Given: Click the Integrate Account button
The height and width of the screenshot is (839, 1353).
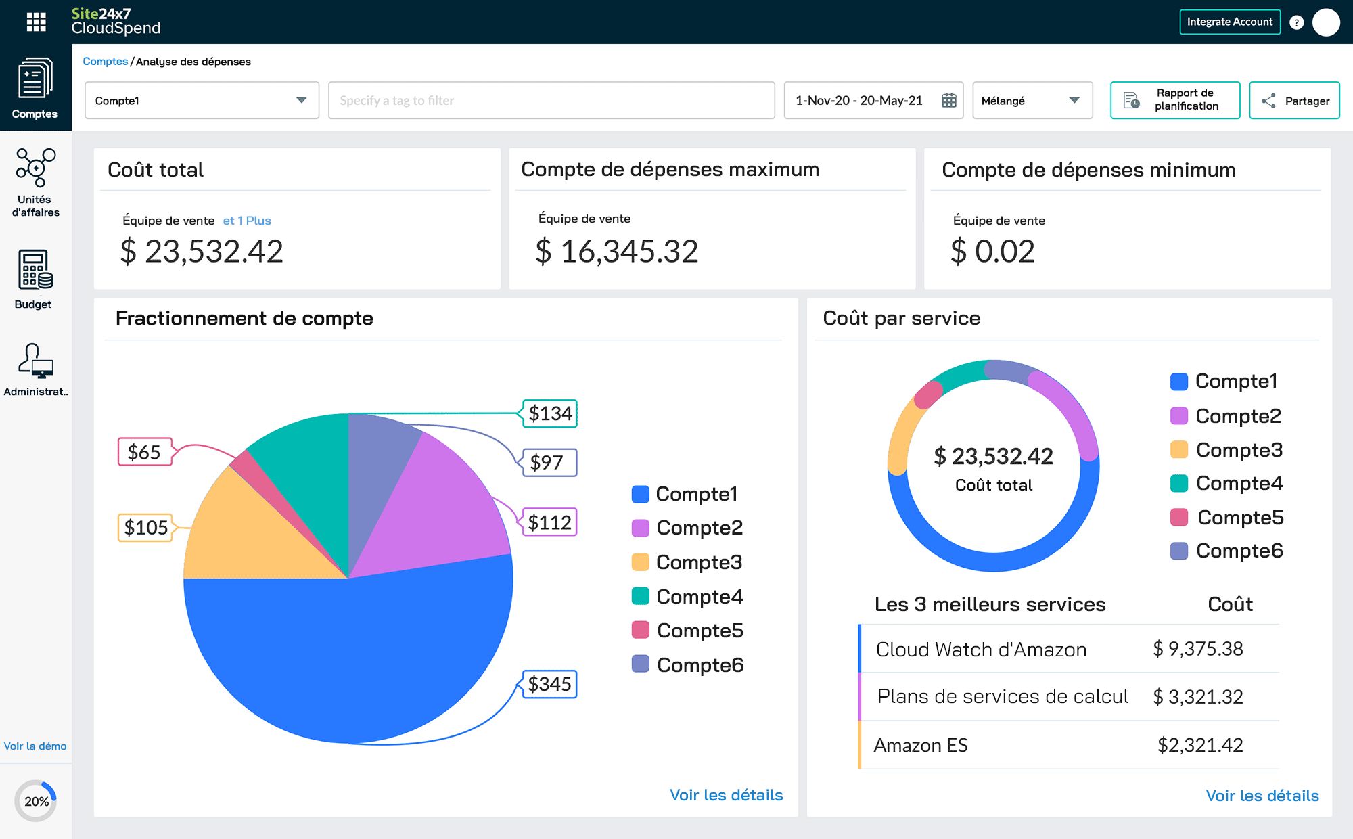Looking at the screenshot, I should (1229, 22).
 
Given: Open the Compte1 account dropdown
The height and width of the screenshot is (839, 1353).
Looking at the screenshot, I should (202, 101).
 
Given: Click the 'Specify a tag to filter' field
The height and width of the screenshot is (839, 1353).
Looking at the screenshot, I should (551, 101).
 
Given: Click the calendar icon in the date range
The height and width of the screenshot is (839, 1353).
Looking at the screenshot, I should (949, 101).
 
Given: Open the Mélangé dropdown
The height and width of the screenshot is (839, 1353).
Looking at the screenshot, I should (1032, 101).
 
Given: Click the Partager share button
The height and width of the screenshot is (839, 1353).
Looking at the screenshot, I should (1294, 101).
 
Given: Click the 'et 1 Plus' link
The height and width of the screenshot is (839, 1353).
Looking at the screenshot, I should (247, 221).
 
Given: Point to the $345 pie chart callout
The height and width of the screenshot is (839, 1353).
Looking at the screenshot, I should (549, 684).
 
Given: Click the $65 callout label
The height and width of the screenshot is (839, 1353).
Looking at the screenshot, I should (144, 452).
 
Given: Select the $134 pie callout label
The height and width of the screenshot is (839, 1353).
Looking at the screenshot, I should (550, 413).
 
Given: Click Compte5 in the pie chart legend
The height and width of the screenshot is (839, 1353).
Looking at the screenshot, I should (699, 631).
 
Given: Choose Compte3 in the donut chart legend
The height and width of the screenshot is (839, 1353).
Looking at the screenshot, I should (1238, 450).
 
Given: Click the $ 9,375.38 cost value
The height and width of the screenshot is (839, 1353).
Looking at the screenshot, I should (1197, 649).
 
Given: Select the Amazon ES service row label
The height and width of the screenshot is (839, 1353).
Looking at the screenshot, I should (921, 745).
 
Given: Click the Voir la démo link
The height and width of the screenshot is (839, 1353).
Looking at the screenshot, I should (35, 746).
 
